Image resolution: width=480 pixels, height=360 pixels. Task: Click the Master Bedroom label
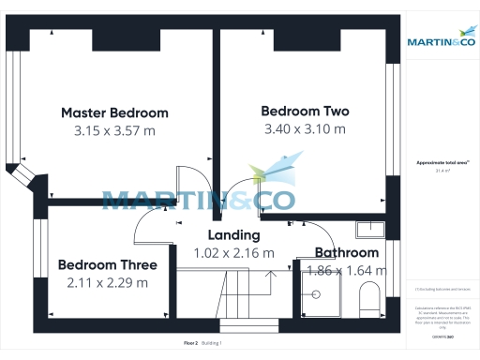[x=114, y=112]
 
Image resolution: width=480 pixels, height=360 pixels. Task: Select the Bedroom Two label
[x=305, y=110]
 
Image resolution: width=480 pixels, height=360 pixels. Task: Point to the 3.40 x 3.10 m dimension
[x=305, y=128]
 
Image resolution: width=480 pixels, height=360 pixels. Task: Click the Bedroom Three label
[x=107, y=264]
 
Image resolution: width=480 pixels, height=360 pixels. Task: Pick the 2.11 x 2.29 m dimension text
[x=107, y=282]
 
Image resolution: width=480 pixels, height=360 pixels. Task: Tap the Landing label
[x=233, y=234]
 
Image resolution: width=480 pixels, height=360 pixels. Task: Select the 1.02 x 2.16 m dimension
[x=233, y=252]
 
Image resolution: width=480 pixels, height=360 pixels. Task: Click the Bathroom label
[x=346, y=252]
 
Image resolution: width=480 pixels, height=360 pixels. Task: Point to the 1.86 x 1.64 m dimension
[x=346, y=271]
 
